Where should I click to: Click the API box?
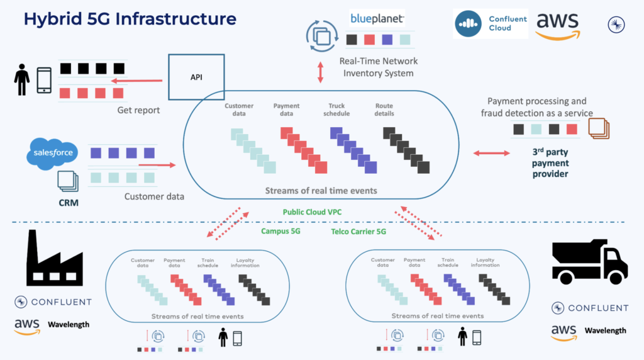(x=196, y=78)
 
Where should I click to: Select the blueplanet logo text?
(x=377, y=18)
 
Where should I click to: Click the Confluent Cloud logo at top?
(x=491, y=24)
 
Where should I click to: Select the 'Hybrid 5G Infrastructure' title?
(x=130, y=19)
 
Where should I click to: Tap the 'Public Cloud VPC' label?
(x=312, y=213)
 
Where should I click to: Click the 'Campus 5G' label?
(x=281, y=231)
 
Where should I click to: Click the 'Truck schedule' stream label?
(x=336, y=110)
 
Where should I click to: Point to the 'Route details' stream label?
(x=384, y=110)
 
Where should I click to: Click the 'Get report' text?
(x=138, y=110)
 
